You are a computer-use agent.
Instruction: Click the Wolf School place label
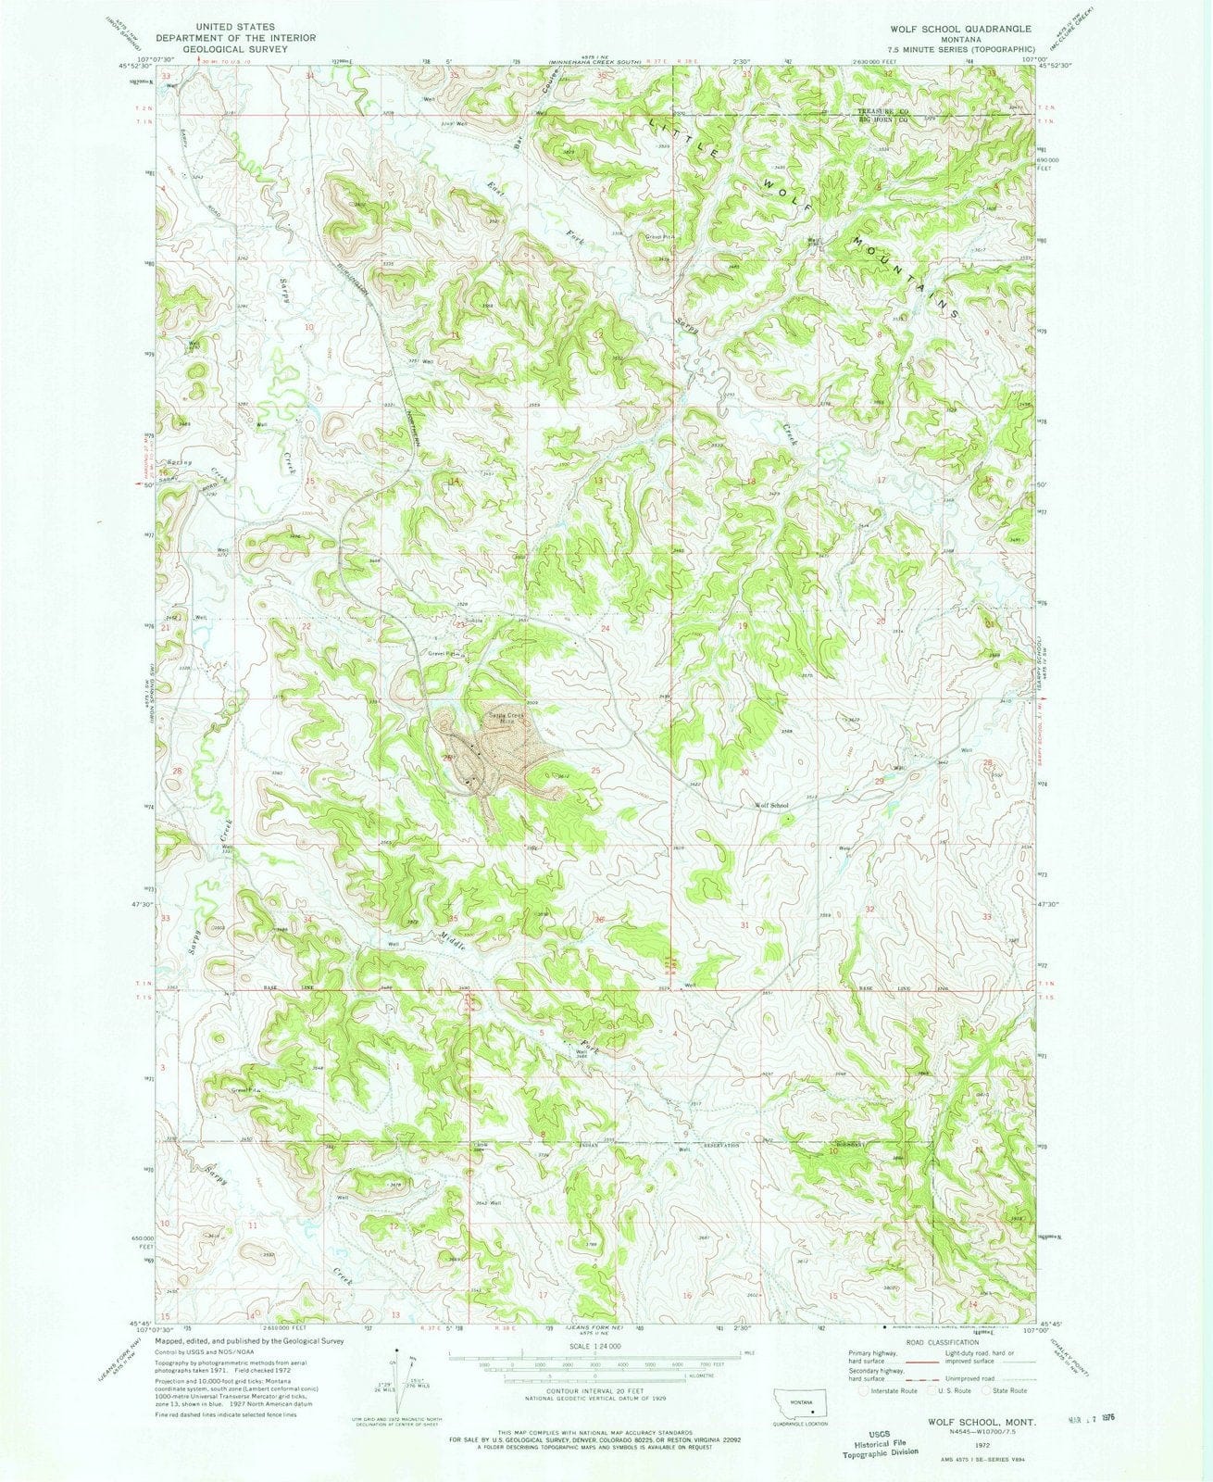[772, 806]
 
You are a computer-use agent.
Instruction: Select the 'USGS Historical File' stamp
[886, 1450]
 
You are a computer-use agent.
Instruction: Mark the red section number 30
[744, 772]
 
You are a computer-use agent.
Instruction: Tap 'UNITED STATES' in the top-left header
[222, 29]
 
